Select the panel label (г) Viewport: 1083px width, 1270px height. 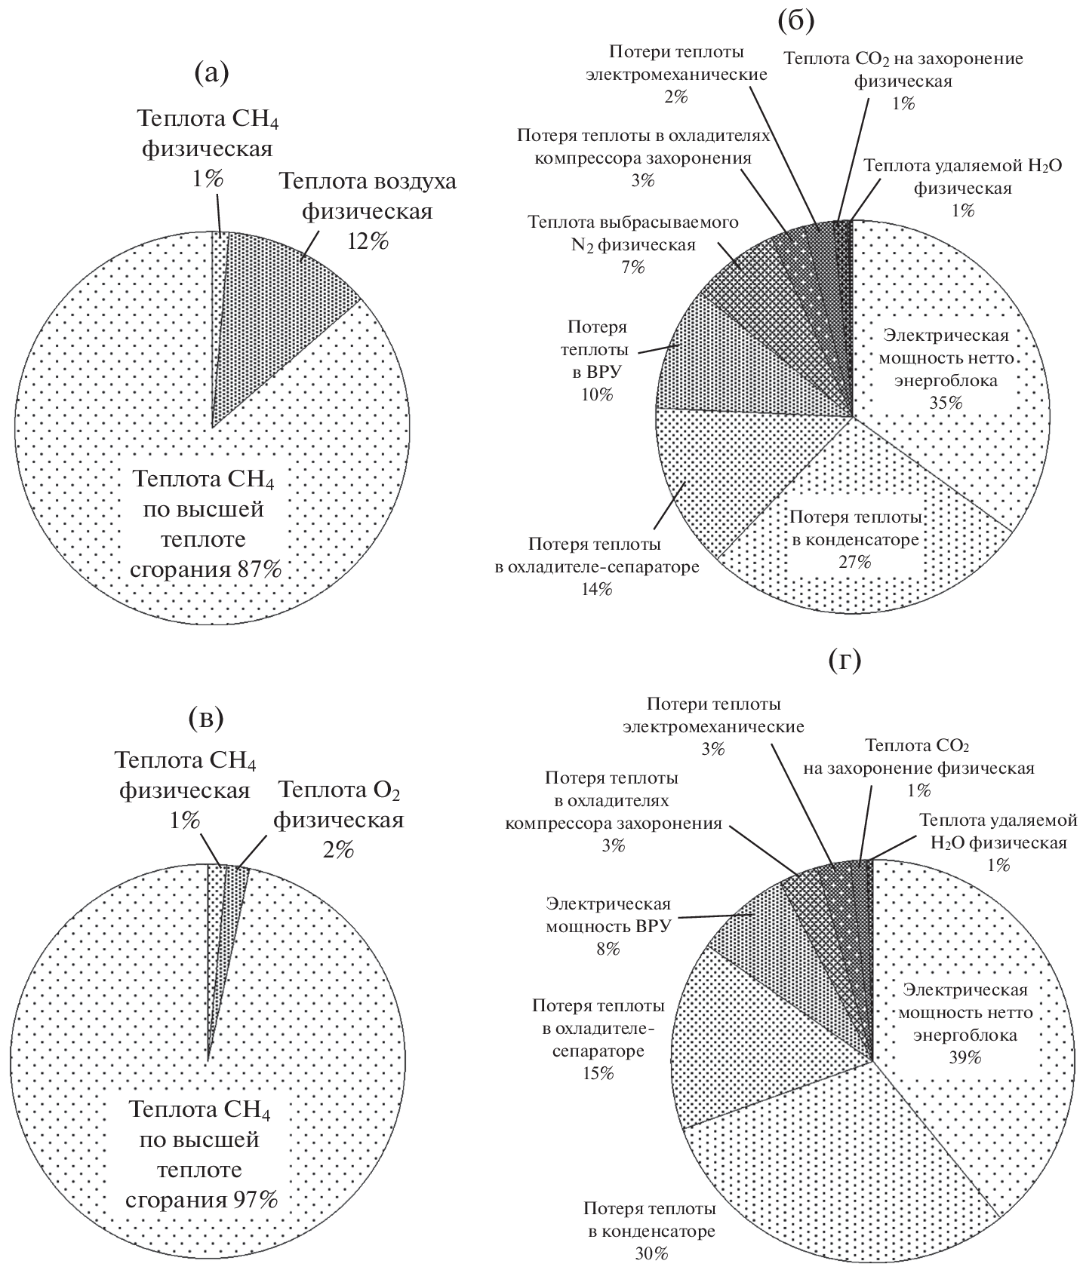(845, 661)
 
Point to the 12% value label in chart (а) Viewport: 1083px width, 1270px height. (368, 242)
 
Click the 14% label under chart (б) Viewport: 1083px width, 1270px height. (597, 589)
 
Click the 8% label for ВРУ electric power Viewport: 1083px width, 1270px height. (608, 949)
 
